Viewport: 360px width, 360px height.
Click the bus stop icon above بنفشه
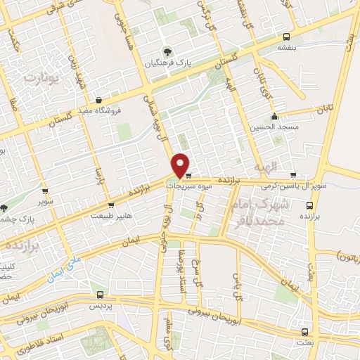pos(285,37)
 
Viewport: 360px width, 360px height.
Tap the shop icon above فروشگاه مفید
pos(98,99)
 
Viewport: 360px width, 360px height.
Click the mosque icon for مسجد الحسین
pos(274,117)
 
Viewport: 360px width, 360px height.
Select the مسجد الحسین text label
pos(273,128)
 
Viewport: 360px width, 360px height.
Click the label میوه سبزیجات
pos(188,186)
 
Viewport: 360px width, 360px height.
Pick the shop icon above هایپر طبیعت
pos(111,205)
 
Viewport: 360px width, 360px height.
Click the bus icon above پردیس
pos(99,295)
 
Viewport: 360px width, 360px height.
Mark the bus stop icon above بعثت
pos(304,331)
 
